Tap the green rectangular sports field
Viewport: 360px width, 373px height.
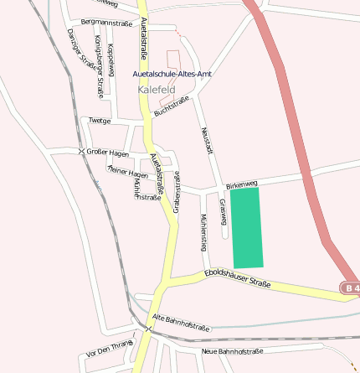[246, 227]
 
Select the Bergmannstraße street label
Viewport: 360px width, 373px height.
[106, 22]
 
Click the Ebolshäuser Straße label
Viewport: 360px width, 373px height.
[238, 278]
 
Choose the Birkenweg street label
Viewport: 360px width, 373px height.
[242, 183]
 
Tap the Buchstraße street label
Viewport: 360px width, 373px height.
[172, 106]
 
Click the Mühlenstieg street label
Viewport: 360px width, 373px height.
[203, 232]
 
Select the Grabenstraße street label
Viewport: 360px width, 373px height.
[177, 190]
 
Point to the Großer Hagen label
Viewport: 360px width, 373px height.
[107, 153]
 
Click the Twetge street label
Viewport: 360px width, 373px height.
[100, 121]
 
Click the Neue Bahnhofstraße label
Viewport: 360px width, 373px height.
[233, 351]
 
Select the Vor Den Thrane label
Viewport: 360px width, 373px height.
[110, 349]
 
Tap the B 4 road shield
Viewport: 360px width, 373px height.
[351, 288]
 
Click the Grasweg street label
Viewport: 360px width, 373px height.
[224, 212]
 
